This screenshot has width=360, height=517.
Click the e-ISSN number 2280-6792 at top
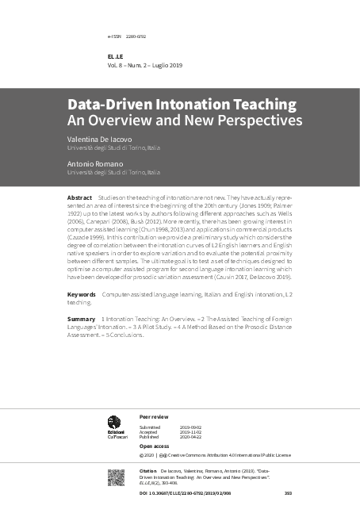pos(136,36)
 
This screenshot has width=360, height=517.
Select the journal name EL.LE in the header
pos(116,57)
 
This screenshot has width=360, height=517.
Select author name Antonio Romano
pos(95,163)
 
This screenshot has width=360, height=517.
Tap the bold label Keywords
pos(81,293)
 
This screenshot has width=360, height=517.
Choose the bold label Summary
pos(81,318)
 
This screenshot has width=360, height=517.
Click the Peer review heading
pos(154,416)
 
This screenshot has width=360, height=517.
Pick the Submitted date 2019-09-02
pos(191,427)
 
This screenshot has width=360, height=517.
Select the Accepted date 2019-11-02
pos(191,431)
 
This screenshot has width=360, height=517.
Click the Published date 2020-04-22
pos(191,437)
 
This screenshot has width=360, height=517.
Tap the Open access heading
pos(155,446)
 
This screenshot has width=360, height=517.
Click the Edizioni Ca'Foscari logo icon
pos(114,423)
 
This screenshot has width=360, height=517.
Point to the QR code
pos(116,477)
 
